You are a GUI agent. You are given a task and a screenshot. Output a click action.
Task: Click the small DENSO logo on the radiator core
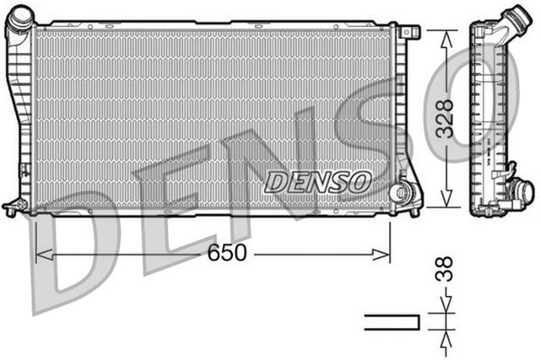pos(317,180)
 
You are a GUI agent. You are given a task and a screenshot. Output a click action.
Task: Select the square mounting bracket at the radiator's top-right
pos(412,32)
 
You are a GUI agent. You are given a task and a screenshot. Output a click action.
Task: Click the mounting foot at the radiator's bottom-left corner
pos(12,205)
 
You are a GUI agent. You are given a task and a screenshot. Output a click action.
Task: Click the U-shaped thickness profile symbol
pos(391,321)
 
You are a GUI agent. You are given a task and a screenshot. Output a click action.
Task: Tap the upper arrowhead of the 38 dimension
pos(444,309)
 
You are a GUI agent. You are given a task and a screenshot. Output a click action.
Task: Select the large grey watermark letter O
pos(489,101)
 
